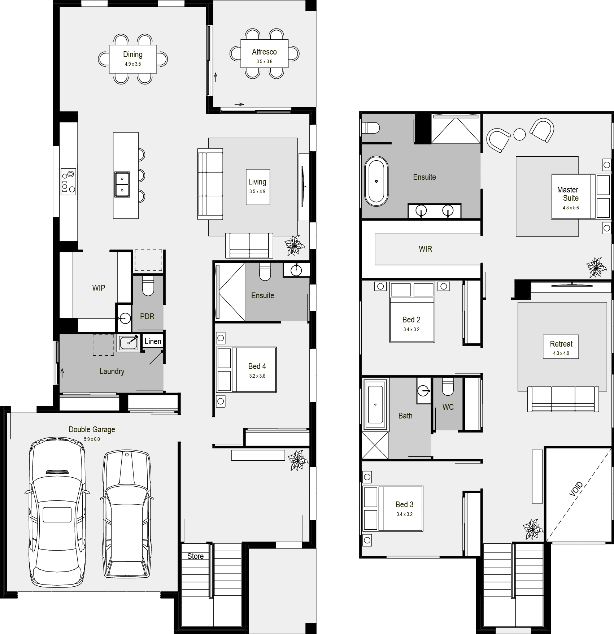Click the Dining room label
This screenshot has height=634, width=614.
(x=133, y=55)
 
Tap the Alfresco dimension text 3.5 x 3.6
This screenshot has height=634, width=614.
(x=264, y=62)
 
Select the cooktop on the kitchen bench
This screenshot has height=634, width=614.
(x=68, y=182)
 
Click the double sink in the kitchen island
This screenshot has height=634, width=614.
(x=122, y=184)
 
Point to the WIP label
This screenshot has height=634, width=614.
(x=99, y=288)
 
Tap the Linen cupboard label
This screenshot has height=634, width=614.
(x=153, y=342)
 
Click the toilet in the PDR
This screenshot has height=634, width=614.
(x=148, y=286)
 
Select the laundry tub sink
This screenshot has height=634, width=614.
(x=128, y=343)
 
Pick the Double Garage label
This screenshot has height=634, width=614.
(x=92, y=429)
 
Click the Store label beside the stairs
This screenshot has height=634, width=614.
(x=195, y=556)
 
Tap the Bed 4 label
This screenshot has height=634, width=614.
(x=257, y=366)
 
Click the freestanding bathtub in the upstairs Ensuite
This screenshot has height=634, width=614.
(x=376, y=181)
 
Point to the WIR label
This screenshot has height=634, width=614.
(x=425, y=249)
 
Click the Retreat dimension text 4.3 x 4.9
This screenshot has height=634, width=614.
(x=561, y=353)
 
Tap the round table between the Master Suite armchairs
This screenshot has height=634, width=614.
(x=520, y=134)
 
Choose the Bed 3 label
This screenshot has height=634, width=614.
(x=404, y=504)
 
